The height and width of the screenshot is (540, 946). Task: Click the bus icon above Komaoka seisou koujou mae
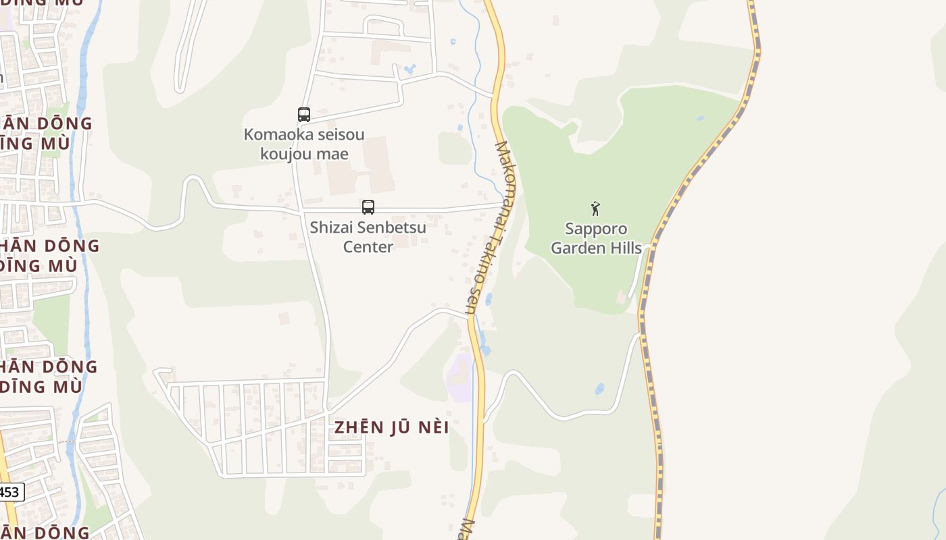click(x=304, y=115)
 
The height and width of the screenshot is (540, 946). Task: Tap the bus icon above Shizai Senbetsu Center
click(x=368, y=207)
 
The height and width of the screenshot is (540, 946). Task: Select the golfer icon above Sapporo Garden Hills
click(x=595, y=209)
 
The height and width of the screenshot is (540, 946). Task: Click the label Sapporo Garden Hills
click(x=596, y=238)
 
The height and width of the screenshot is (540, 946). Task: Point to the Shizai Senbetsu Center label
click(x=368, y=237)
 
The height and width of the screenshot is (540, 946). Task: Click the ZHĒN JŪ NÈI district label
click(x=392, y=427)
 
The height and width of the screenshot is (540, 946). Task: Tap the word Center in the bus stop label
click(x=368, y=247)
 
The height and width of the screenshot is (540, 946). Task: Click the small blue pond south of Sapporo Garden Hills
click(x=599, y=389)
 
